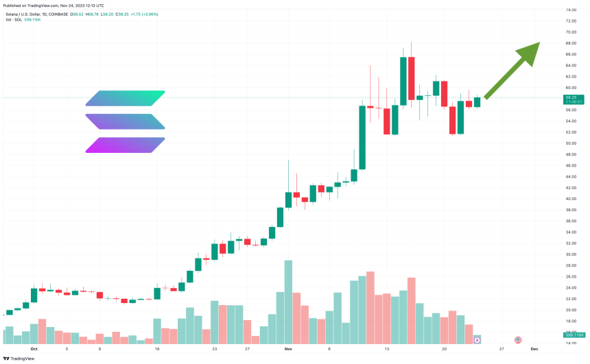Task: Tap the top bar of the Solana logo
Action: (x=126, y=98)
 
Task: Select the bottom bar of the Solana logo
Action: (x=126, y=145)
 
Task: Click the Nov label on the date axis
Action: (x=288, y=348)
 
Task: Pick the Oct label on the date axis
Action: (x=32, y=348)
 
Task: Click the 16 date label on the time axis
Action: (x=157, y=348)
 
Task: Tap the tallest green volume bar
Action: (x=288, y=302)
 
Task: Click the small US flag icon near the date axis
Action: (x=518, y=339)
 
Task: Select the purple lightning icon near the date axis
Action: (x=478, y=339)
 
